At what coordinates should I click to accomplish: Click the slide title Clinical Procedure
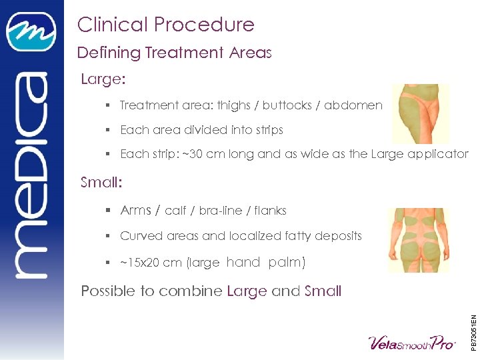(165, 25)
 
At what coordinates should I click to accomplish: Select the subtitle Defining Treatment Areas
(174, 53)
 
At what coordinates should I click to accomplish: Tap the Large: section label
(103, 80)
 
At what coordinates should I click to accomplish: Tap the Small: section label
(103, 182)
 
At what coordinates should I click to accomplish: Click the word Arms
(135, 211)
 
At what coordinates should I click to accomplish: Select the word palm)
(287, 263)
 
